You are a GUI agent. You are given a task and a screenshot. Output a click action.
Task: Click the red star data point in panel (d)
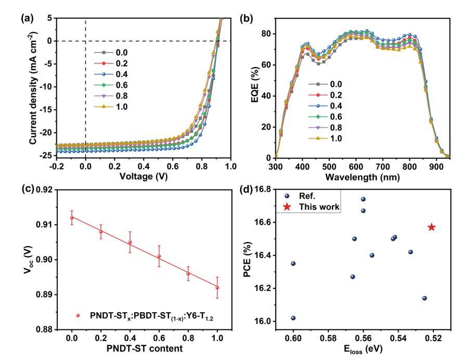432,227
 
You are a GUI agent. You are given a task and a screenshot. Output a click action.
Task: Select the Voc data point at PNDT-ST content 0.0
72,217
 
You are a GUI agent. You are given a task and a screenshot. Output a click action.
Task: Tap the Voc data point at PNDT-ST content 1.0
217,288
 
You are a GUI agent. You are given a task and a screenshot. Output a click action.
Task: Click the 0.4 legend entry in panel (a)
111,74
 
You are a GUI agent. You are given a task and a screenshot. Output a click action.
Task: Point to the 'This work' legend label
319,207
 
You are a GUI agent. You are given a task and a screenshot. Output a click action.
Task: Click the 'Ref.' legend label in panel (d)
307,196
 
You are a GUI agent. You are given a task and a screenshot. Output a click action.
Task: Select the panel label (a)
27,19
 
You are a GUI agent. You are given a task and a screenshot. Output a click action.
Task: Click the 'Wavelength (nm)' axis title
363,177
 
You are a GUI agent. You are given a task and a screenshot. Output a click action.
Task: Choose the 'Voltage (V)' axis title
144,176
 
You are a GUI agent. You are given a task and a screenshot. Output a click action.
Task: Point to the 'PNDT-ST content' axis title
145,349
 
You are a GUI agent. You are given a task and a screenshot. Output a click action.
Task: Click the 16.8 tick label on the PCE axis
263,189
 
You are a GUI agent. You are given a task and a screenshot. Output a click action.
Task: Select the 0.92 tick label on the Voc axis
44,190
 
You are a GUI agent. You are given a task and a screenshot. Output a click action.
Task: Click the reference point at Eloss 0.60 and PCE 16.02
293,318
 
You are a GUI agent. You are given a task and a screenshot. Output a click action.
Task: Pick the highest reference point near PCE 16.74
363,199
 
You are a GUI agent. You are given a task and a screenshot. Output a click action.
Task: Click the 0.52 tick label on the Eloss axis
433,339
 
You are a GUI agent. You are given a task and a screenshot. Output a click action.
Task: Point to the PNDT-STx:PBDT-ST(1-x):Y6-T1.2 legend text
151,316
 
